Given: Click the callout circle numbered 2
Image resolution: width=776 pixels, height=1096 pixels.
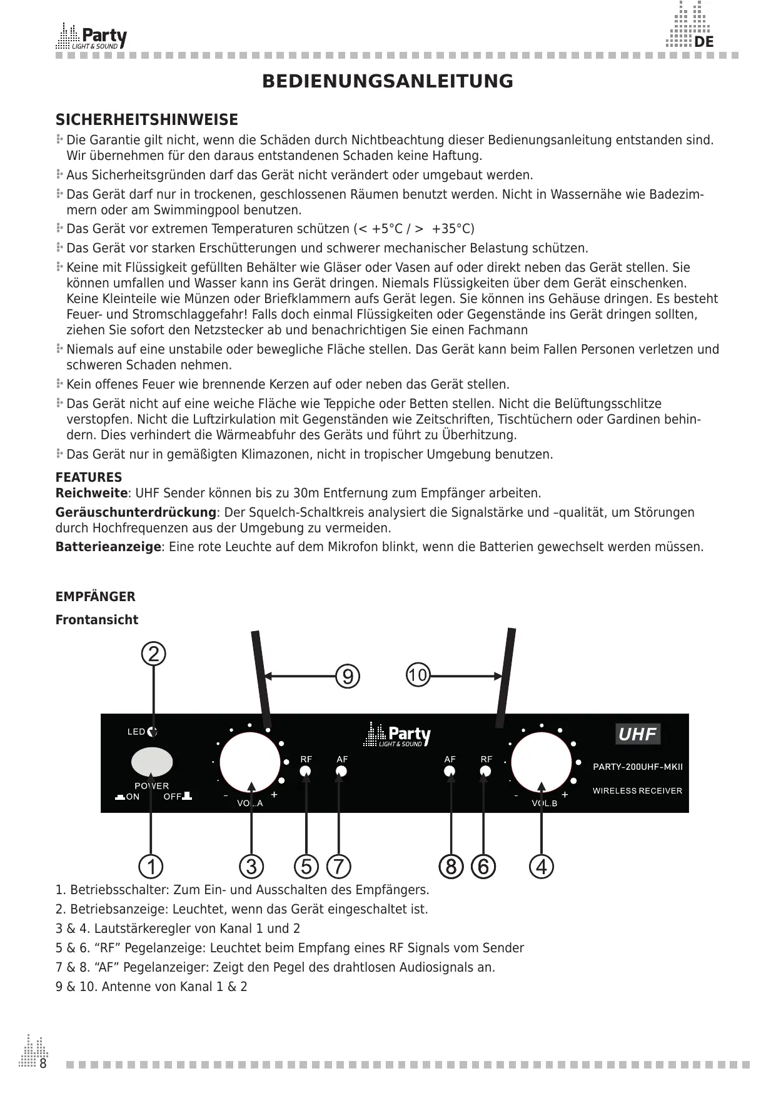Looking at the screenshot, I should point(154,654).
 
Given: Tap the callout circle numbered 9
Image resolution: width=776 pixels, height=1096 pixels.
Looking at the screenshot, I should point(348,676).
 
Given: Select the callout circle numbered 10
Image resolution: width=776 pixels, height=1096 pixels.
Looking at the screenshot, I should point(418,675).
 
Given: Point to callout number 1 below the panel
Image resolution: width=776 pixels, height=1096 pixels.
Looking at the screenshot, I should point(151,867).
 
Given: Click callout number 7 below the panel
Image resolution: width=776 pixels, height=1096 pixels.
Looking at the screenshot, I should point(338,867).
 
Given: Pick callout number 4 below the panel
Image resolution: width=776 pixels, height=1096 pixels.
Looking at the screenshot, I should point(542,867).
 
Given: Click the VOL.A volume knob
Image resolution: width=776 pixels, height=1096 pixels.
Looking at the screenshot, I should point(250,762).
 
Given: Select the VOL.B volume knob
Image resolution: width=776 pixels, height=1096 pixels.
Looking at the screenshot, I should point(542,762).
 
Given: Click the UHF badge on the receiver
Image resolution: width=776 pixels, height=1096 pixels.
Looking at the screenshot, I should point(637,734).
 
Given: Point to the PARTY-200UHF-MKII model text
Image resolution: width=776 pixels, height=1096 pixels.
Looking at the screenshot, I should point(638,767).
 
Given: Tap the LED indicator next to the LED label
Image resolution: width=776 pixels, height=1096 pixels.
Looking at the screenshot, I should point(153,732).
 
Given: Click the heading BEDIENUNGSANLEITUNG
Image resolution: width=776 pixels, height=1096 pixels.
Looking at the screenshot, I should point(388,82).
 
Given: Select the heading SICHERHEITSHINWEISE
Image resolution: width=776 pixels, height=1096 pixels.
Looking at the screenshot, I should point(147,120).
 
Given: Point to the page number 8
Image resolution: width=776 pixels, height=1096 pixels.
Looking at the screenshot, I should point(43,1064).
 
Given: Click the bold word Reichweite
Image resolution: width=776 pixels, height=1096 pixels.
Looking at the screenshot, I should point(91,494).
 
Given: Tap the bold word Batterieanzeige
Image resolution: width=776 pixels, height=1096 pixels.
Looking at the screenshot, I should point(108,547).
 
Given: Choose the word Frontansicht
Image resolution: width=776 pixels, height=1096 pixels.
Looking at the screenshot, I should point(97,620).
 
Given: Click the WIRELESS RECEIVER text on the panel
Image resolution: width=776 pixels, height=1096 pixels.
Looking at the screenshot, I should point(637,791).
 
